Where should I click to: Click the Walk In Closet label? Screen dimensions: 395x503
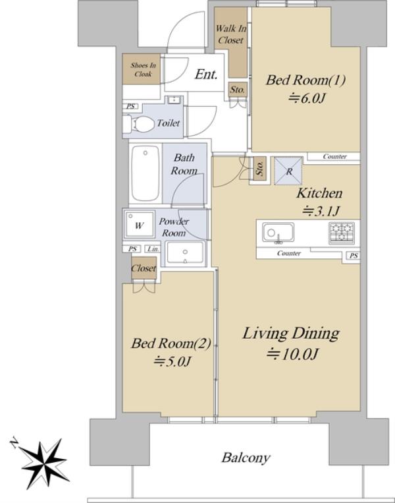[230, 34]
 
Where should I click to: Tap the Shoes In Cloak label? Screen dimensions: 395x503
[144, 70]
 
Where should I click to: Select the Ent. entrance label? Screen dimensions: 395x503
[206, 74]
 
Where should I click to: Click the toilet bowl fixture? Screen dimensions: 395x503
[139, 124]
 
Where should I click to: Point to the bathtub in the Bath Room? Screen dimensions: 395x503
[145, 173]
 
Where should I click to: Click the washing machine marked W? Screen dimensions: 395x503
[140, 225]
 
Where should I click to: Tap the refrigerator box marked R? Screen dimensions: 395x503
[288, 171]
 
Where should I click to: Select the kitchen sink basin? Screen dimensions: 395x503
[278, 233]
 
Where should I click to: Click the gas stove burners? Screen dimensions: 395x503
[342, 232]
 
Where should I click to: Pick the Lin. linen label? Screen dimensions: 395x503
[153, 249]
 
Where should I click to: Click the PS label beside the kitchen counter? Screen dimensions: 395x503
[354, 256]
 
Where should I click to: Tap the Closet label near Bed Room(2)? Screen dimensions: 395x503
[144, 268]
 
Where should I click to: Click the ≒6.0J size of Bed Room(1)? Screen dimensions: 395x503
[307, 98]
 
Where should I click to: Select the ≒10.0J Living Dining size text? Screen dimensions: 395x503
[292, 354]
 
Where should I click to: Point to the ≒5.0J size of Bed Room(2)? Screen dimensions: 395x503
[172, 361]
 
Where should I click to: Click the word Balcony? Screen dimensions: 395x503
[246, 458]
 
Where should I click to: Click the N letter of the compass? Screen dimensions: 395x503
[14, 442]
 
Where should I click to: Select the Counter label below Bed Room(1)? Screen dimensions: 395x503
[334, 156]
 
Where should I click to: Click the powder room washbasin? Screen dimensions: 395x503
[185, 252]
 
